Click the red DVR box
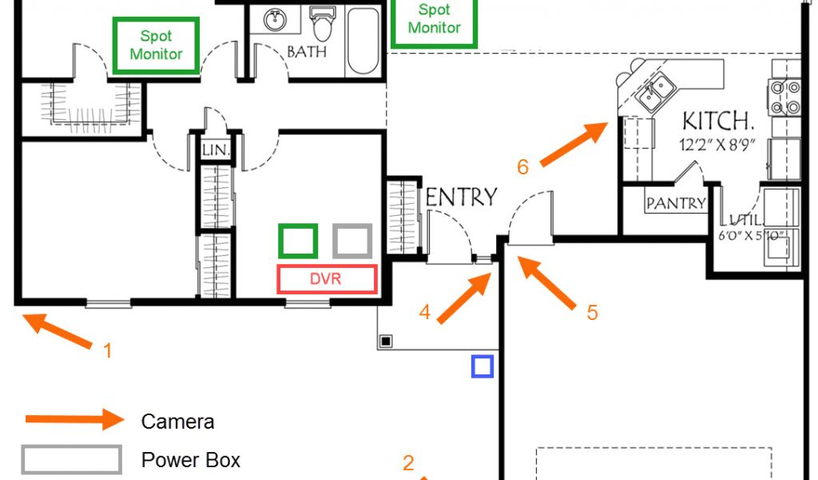click(x=327, y=278)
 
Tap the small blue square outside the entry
click(x=482, y=366)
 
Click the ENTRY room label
click(x=462, y=197)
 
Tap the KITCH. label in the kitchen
click(x=718, y=122)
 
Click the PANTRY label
click(x=676, y=203)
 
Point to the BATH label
click(x=307, y=53)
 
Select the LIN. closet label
click(x=216, y=150)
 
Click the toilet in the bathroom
click(x=323, y=24)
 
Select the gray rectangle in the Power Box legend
click(x=72, y=460)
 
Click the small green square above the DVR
click(x=298, y=241)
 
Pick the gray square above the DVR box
click(x=352, y=241)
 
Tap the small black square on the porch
click(x=386, y=341)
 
